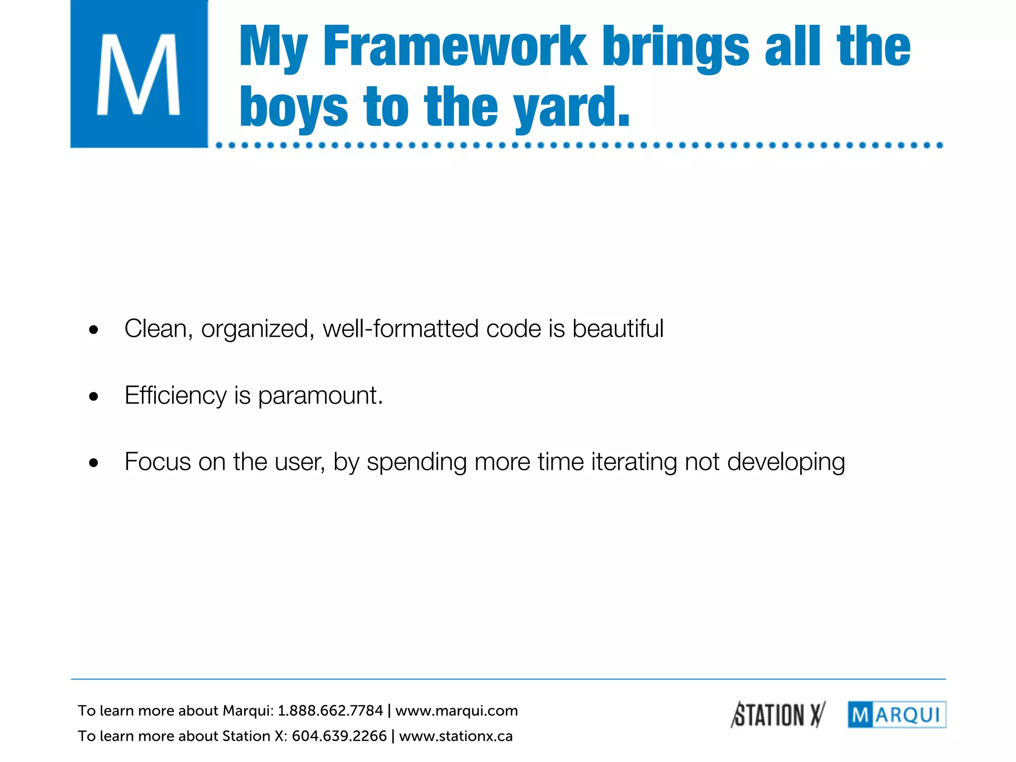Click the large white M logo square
(139, 74)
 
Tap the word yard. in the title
(571, 107)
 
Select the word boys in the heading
(294, 107)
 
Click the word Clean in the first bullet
(155, 329)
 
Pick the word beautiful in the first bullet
(618, 329)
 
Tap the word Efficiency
(175, 395)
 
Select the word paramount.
(320, 396)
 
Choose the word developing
(786, 463)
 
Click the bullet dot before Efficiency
(94, 396)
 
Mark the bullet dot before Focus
(94, 463)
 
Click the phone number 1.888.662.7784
(330, 711)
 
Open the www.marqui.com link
(456, 711)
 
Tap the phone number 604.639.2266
(339, 736)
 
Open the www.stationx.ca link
(455, 736)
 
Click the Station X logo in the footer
(777, 715)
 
